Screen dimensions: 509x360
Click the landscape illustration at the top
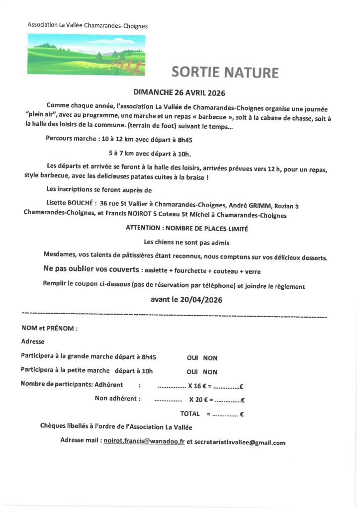86,54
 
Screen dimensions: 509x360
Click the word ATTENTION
143,229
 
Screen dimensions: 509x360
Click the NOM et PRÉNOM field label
49,329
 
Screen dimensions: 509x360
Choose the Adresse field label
33,342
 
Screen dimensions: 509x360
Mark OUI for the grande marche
192,358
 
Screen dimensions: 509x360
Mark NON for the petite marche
210,372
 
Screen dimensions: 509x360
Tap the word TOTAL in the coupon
190,414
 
